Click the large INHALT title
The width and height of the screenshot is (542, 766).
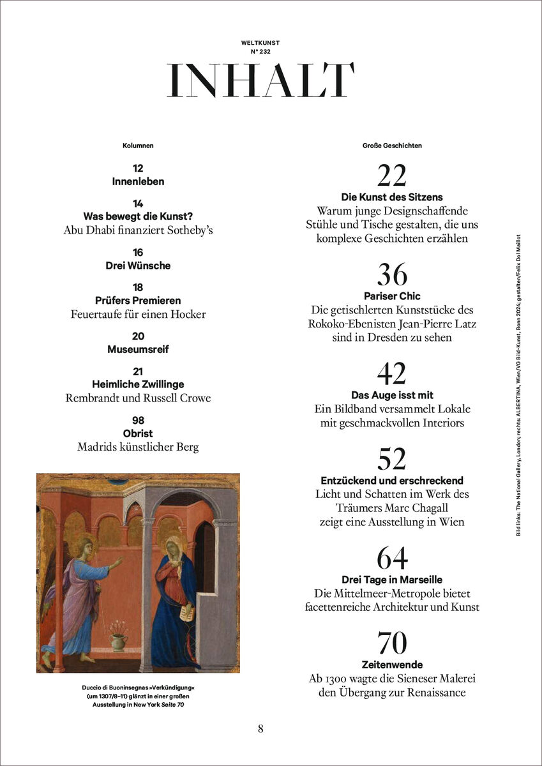point(260,80)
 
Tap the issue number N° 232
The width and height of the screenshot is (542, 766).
point(260,51)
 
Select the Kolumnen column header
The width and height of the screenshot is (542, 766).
point(138,146)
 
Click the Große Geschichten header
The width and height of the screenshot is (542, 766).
point(392,146)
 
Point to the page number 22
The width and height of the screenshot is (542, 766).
point(392,176)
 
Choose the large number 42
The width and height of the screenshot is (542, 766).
point(392,373)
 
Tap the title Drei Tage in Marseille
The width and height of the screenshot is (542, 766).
point(392,580)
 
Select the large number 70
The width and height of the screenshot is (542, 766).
point(392,643)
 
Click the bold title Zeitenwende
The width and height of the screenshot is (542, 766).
point(392,665)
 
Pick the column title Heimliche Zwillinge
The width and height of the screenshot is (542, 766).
point(138,384)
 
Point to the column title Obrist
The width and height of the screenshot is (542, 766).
point(138,433)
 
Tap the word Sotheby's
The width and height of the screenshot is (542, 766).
point(185,230)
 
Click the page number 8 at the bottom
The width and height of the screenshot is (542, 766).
point(260,728)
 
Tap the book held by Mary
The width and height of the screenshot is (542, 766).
point(188,614)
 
